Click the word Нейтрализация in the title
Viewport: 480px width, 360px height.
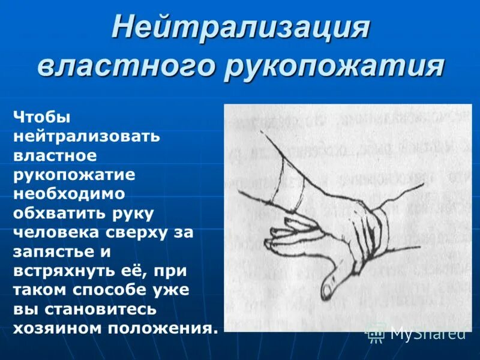point(240,28)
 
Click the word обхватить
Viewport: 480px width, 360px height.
point(60,213)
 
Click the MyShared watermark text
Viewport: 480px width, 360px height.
point(428,332)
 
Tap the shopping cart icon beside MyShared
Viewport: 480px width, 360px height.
point(376,332)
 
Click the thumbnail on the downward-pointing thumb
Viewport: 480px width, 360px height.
point(326,289)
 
